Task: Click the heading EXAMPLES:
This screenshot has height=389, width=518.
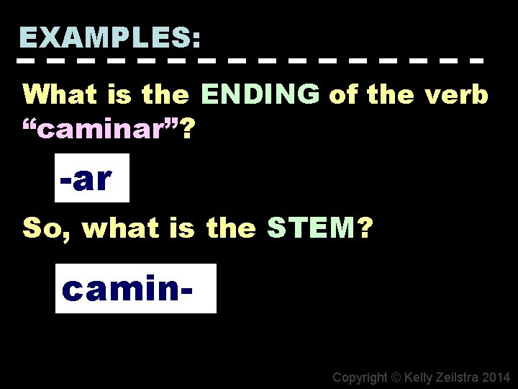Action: pos(111,36)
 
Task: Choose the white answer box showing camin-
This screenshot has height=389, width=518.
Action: pos(135,288)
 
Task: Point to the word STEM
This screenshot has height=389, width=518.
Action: pos(311,228)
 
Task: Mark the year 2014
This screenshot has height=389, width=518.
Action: pos(497,377)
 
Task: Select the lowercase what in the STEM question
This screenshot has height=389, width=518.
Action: pos(117,229)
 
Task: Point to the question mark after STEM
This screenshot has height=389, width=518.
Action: pos(365,228)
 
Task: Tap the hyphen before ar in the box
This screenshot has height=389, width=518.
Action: pos(65,179)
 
